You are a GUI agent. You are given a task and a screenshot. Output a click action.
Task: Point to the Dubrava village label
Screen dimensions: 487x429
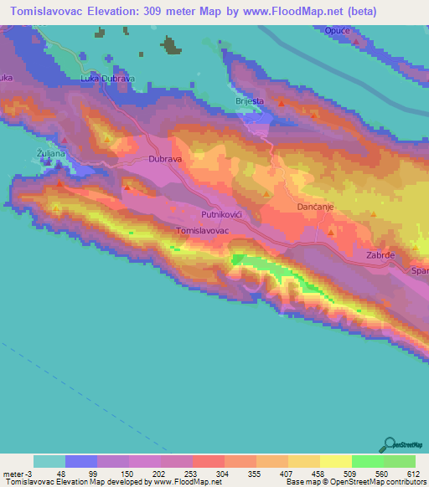(165, 157)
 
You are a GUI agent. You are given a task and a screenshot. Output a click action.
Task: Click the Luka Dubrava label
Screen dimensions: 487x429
(107, 79)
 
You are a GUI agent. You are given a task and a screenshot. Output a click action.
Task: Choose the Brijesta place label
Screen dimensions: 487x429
(249, 101)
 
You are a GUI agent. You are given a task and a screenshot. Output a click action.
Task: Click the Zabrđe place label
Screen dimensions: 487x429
(380, 254)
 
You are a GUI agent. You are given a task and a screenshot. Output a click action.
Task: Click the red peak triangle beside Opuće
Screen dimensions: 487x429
(357, 40)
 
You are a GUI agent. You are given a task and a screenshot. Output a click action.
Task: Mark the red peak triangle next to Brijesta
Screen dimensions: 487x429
(282, 104)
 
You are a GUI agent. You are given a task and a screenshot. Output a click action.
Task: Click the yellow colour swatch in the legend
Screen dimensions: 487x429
(336, 461)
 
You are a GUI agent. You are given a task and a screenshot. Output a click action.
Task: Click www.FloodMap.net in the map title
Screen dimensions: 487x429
(292, 12)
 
